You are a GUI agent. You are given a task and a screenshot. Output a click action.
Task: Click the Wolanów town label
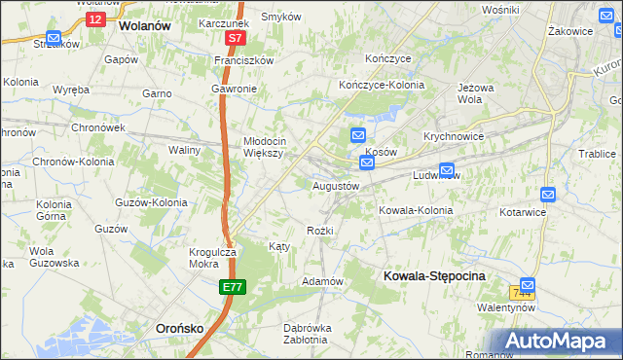click(144, 26)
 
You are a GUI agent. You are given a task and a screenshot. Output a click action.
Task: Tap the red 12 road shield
click(94, 18)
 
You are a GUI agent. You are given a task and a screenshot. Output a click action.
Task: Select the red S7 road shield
click(235, 38)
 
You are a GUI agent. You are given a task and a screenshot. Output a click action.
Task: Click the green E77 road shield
click(232, 287)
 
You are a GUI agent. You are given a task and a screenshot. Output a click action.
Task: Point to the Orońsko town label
click(180, 328)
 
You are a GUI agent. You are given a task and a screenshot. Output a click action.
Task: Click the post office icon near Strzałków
click(54, 38)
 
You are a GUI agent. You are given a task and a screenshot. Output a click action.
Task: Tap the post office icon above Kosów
click(358, 135)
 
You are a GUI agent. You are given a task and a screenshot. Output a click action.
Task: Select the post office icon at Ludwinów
click(447, 168)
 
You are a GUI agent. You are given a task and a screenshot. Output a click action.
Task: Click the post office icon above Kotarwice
click(548, 194)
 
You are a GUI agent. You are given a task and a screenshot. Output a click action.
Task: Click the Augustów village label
click(336, 185)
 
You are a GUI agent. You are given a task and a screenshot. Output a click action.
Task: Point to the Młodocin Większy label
click(263, 146)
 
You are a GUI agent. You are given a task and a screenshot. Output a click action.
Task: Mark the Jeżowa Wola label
click(470, 92)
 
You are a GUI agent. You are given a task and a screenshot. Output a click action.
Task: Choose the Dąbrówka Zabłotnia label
click(305, 334)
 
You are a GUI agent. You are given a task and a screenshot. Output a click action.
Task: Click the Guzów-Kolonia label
click(151, 202)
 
